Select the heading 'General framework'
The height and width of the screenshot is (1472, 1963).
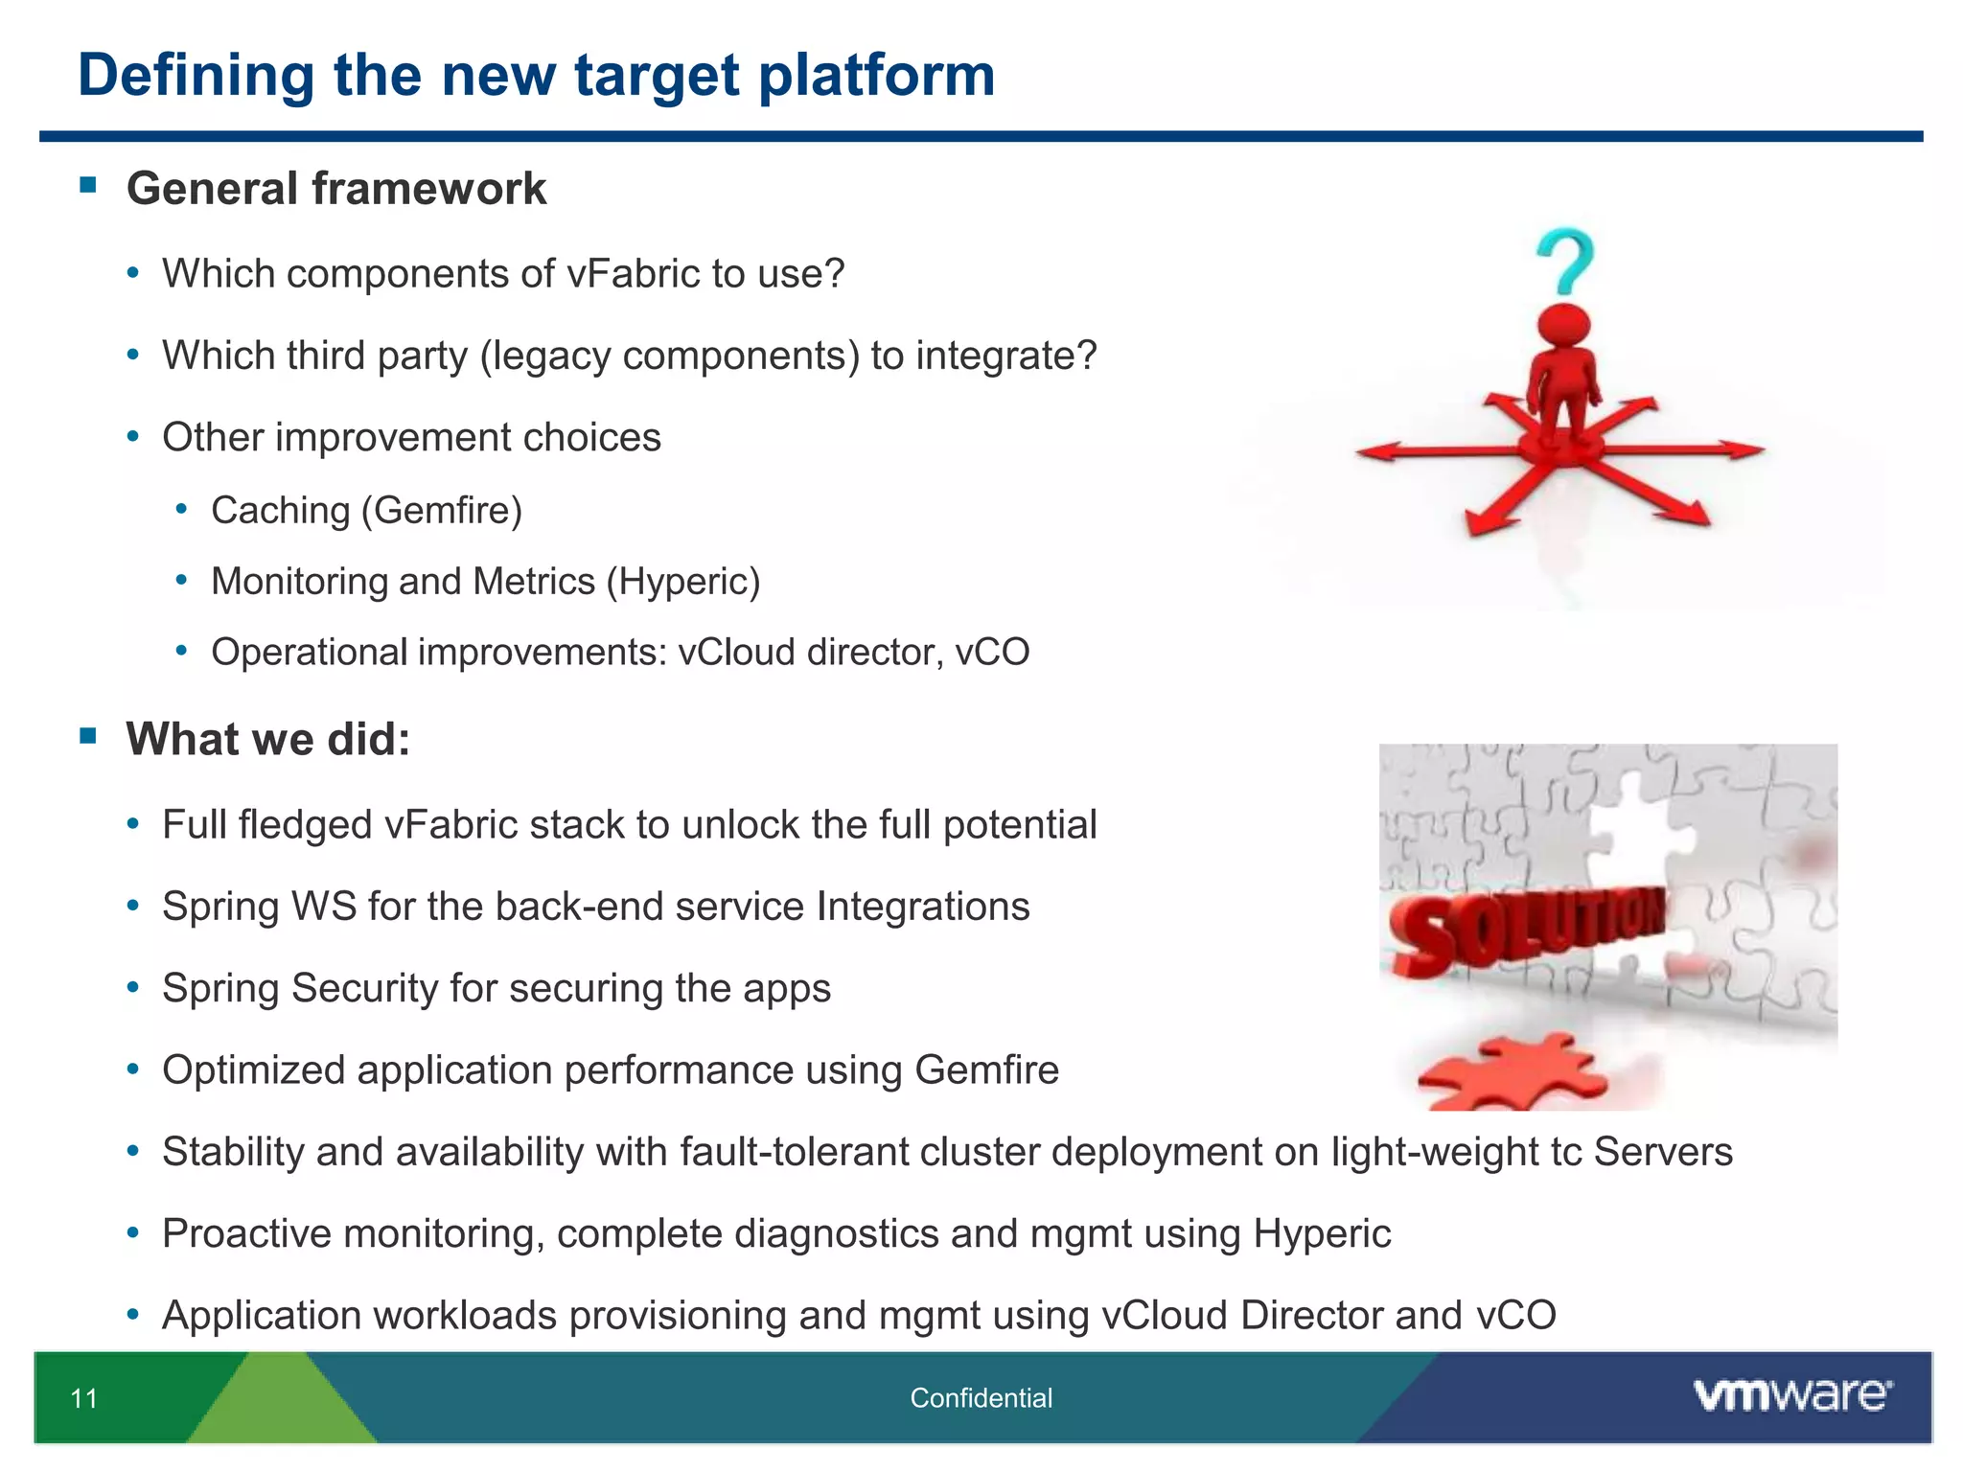(x=335, y=188)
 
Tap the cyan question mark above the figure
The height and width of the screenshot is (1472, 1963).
(x=1564, y=261)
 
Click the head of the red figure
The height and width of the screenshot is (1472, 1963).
(x=1564, y=324)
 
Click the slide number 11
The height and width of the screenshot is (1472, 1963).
(x=84, y=1398)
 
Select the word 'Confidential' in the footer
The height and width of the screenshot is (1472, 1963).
(x=981, y=1398)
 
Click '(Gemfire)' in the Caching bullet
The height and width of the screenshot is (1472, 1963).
(x=442, y=511)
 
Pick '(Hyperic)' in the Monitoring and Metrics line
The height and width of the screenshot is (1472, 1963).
(x=682, y=582)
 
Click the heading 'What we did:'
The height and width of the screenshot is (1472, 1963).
(x=268, y=739)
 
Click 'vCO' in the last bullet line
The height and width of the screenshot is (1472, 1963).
(x=1515, y=1316)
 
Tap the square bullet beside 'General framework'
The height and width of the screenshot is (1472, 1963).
(x=88, y=184)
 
